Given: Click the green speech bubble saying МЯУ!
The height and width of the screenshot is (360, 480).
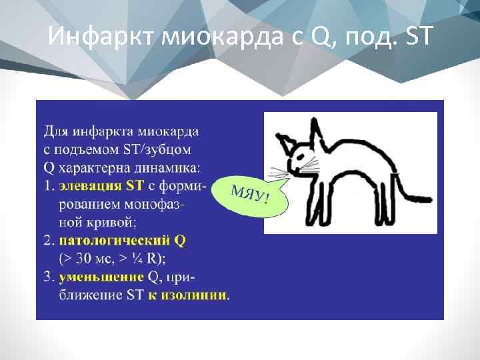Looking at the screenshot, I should [x=251, y=193].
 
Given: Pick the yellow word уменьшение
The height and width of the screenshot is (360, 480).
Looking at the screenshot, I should [x=101, y=276].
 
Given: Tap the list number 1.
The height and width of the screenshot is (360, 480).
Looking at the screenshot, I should [x=49, y=184].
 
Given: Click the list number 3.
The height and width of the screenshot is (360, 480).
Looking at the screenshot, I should [x=49, y=276].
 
